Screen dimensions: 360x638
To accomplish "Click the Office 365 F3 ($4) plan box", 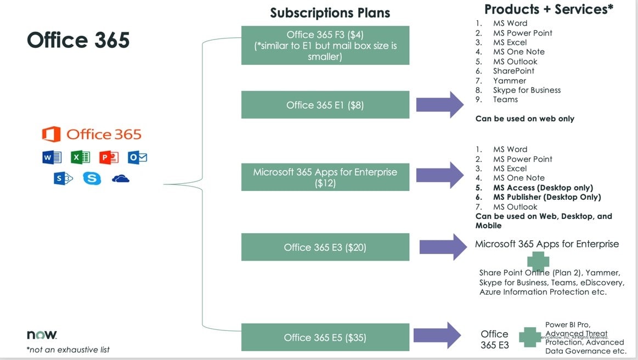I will click(325, 46).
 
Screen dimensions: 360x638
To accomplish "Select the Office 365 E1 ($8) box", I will click(325, 105).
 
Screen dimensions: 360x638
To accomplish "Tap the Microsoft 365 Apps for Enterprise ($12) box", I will click(325, 178).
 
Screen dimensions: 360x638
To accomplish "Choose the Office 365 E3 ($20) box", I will click(325, 248).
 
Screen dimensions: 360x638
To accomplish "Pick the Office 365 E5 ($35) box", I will click(325, 337).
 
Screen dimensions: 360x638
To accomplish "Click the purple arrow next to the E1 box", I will click(441, 104).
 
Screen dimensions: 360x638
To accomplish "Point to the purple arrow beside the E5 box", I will click(438, 335).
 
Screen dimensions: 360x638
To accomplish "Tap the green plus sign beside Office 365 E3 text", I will click(530, 337).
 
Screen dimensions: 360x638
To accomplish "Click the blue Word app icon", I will click(52, 158).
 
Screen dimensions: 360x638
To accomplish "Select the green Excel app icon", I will click(80, 158).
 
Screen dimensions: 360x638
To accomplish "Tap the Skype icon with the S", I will click(92, 178).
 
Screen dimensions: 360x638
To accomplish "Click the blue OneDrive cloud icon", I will click(120, 179).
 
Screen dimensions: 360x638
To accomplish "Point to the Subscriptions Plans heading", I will click(330, 13).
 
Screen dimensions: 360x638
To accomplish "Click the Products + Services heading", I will click(549, 9).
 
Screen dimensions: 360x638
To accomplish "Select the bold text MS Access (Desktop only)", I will click(543, 188).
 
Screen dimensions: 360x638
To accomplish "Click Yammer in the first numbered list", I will click(505, 81).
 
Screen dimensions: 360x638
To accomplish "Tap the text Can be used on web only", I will click(524, 119).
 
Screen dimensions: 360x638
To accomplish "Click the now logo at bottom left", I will click(42, 335).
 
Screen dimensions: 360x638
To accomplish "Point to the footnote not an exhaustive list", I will click(68, 350).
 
